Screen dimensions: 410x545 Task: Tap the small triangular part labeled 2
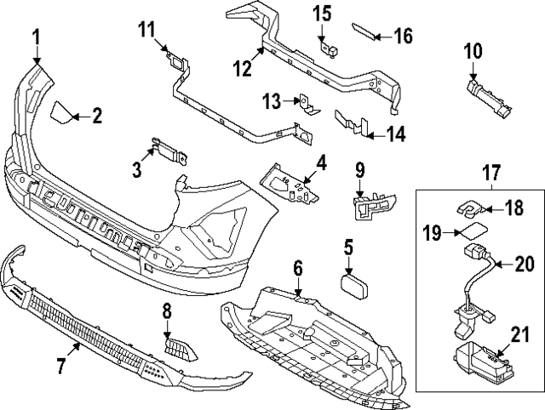tap(61, 112)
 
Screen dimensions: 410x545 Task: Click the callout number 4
tap(320, 162)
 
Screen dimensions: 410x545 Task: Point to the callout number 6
tap(297, 269)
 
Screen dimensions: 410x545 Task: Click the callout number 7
tap(61, 367)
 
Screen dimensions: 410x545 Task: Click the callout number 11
tap(147, 31)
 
